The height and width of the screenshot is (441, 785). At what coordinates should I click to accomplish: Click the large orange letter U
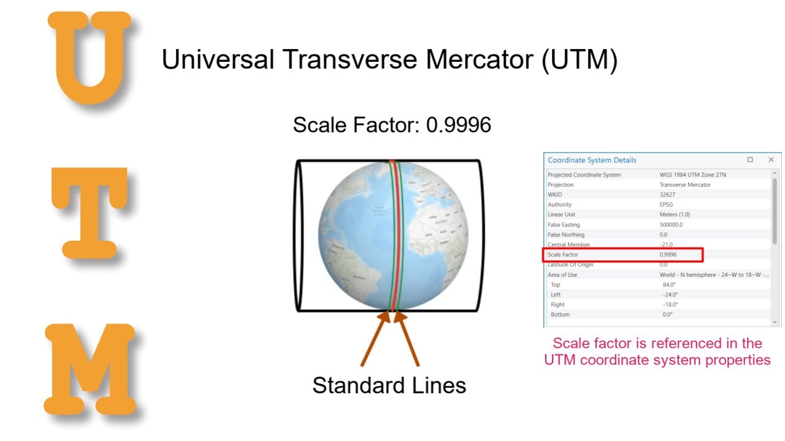[91, 58]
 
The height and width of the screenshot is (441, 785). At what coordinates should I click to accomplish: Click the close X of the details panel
[771, 160]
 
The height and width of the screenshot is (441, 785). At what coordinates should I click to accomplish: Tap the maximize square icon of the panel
[750, 160]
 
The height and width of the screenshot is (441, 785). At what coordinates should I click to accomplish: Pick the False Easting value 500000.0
[672, 225]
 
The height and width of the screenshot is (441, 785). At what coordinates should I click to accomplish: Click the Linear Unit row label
[561, 215]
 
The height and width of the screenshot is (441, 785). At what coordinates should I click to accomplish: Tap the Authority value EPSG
[667, 205]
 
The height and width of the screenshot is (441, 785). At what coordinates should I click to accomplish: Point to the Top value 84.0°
[669, 285]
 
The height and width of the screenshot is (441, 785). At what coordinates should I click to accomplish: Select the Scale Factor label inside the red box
[562, 255]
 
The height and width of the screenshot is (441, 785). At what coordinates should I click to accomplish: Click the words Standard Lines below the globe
[389, 385]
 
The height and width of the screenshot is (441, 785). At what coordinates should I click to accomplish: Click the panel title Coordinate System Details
[592, 160]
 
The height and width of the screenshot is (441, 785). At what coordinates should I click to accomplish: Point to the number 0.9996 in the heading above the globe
[459, 125]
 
